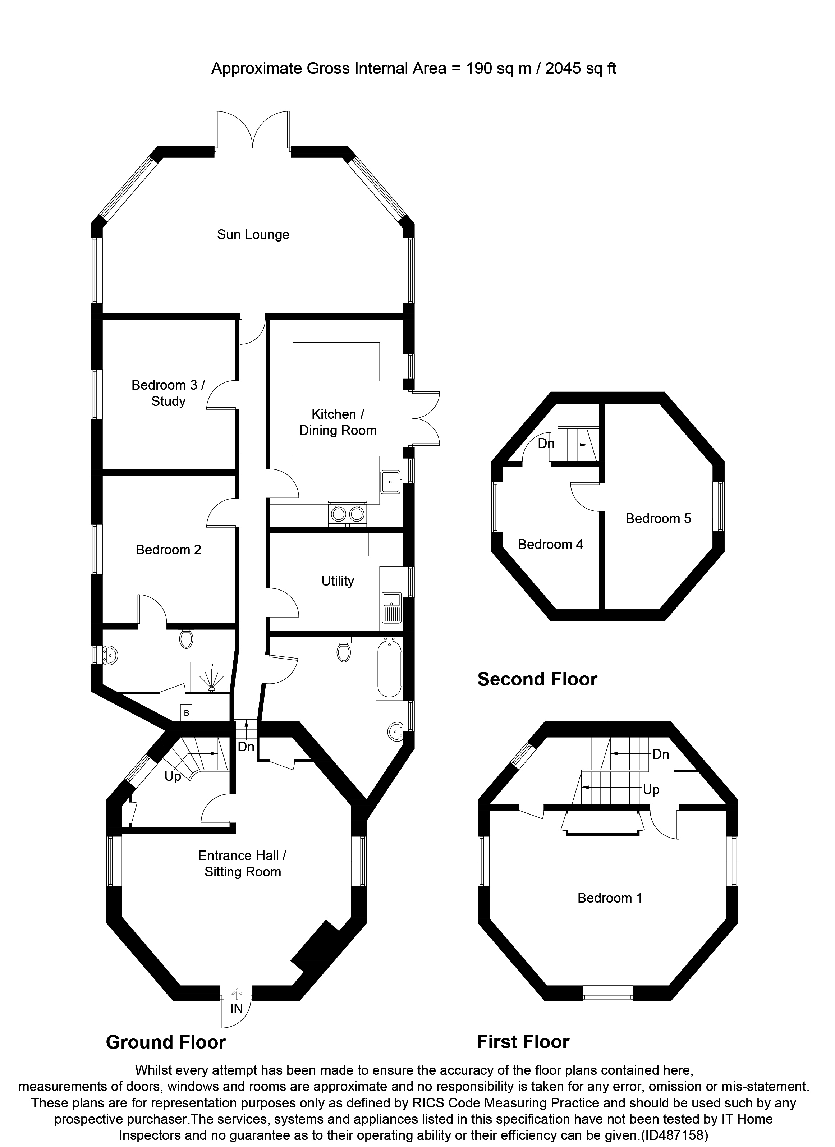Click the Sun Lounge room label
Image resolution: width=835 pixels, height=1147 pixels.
[x=253, y=235]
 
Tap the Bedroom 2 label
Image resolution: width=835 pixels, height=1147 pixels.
[x=169, y=550]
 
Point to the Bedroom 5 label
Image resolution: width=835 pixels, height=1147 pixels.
[x=658, y=518]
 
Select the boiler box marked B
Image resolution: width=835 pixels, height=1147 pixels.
[x=187, y=714]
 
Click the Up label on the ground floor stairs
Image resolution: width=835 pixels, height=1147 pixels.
[x=173, y=776]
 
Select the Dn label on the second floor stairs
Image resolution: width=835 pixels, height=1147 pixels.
[x=546, y=444]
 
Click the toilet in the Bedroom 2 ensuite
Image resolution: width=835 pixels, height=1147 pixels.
[x=186, y=639]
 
